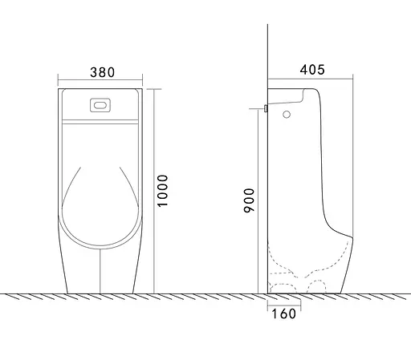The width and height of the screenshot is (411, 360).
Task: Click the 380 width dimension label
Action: [x=103, y=72]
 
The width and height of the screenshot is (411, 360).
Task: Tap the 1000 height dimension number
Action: [x=162, y=191]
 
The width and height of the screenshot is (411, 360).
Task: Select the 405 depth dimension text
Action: [x=312, y=70]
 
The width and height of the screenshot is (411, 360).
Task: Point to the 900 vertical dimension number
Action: [x=249, y=200]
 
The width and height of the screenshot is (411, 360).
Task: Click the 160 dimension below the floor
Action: [x=284, y=313]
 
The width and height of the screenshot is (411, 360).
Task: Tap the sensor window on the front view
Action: [x=100, y=105]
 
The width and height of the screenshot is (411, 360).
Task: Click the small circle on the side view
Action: [x=287, y=115]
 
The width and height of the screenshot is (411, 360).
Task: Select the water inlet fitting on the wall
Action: [x=266, y=108]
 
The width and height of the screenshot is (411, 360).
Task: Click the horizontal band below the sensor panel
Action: [x=100, y=122]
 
